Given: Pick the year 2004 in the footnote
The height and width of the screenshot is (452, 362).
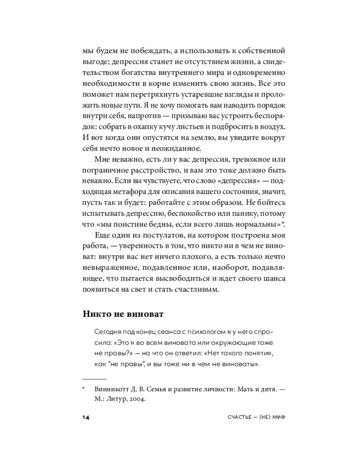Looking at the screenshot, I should (x=136, y=400).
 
